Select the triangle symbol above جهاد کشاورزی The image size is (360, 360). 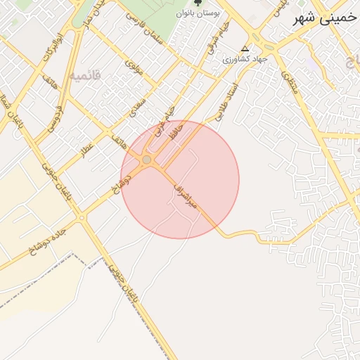coord(244,49)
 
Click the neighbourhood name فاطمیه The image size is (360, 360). coord(86,75)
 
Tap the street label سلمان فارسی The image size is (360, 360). coord(144,30)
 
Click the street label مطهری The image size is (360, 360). coord(290,84)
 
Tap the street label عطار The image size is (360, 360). coord(89,150)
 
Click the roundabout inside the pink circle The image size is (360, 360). coord(146,161)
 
